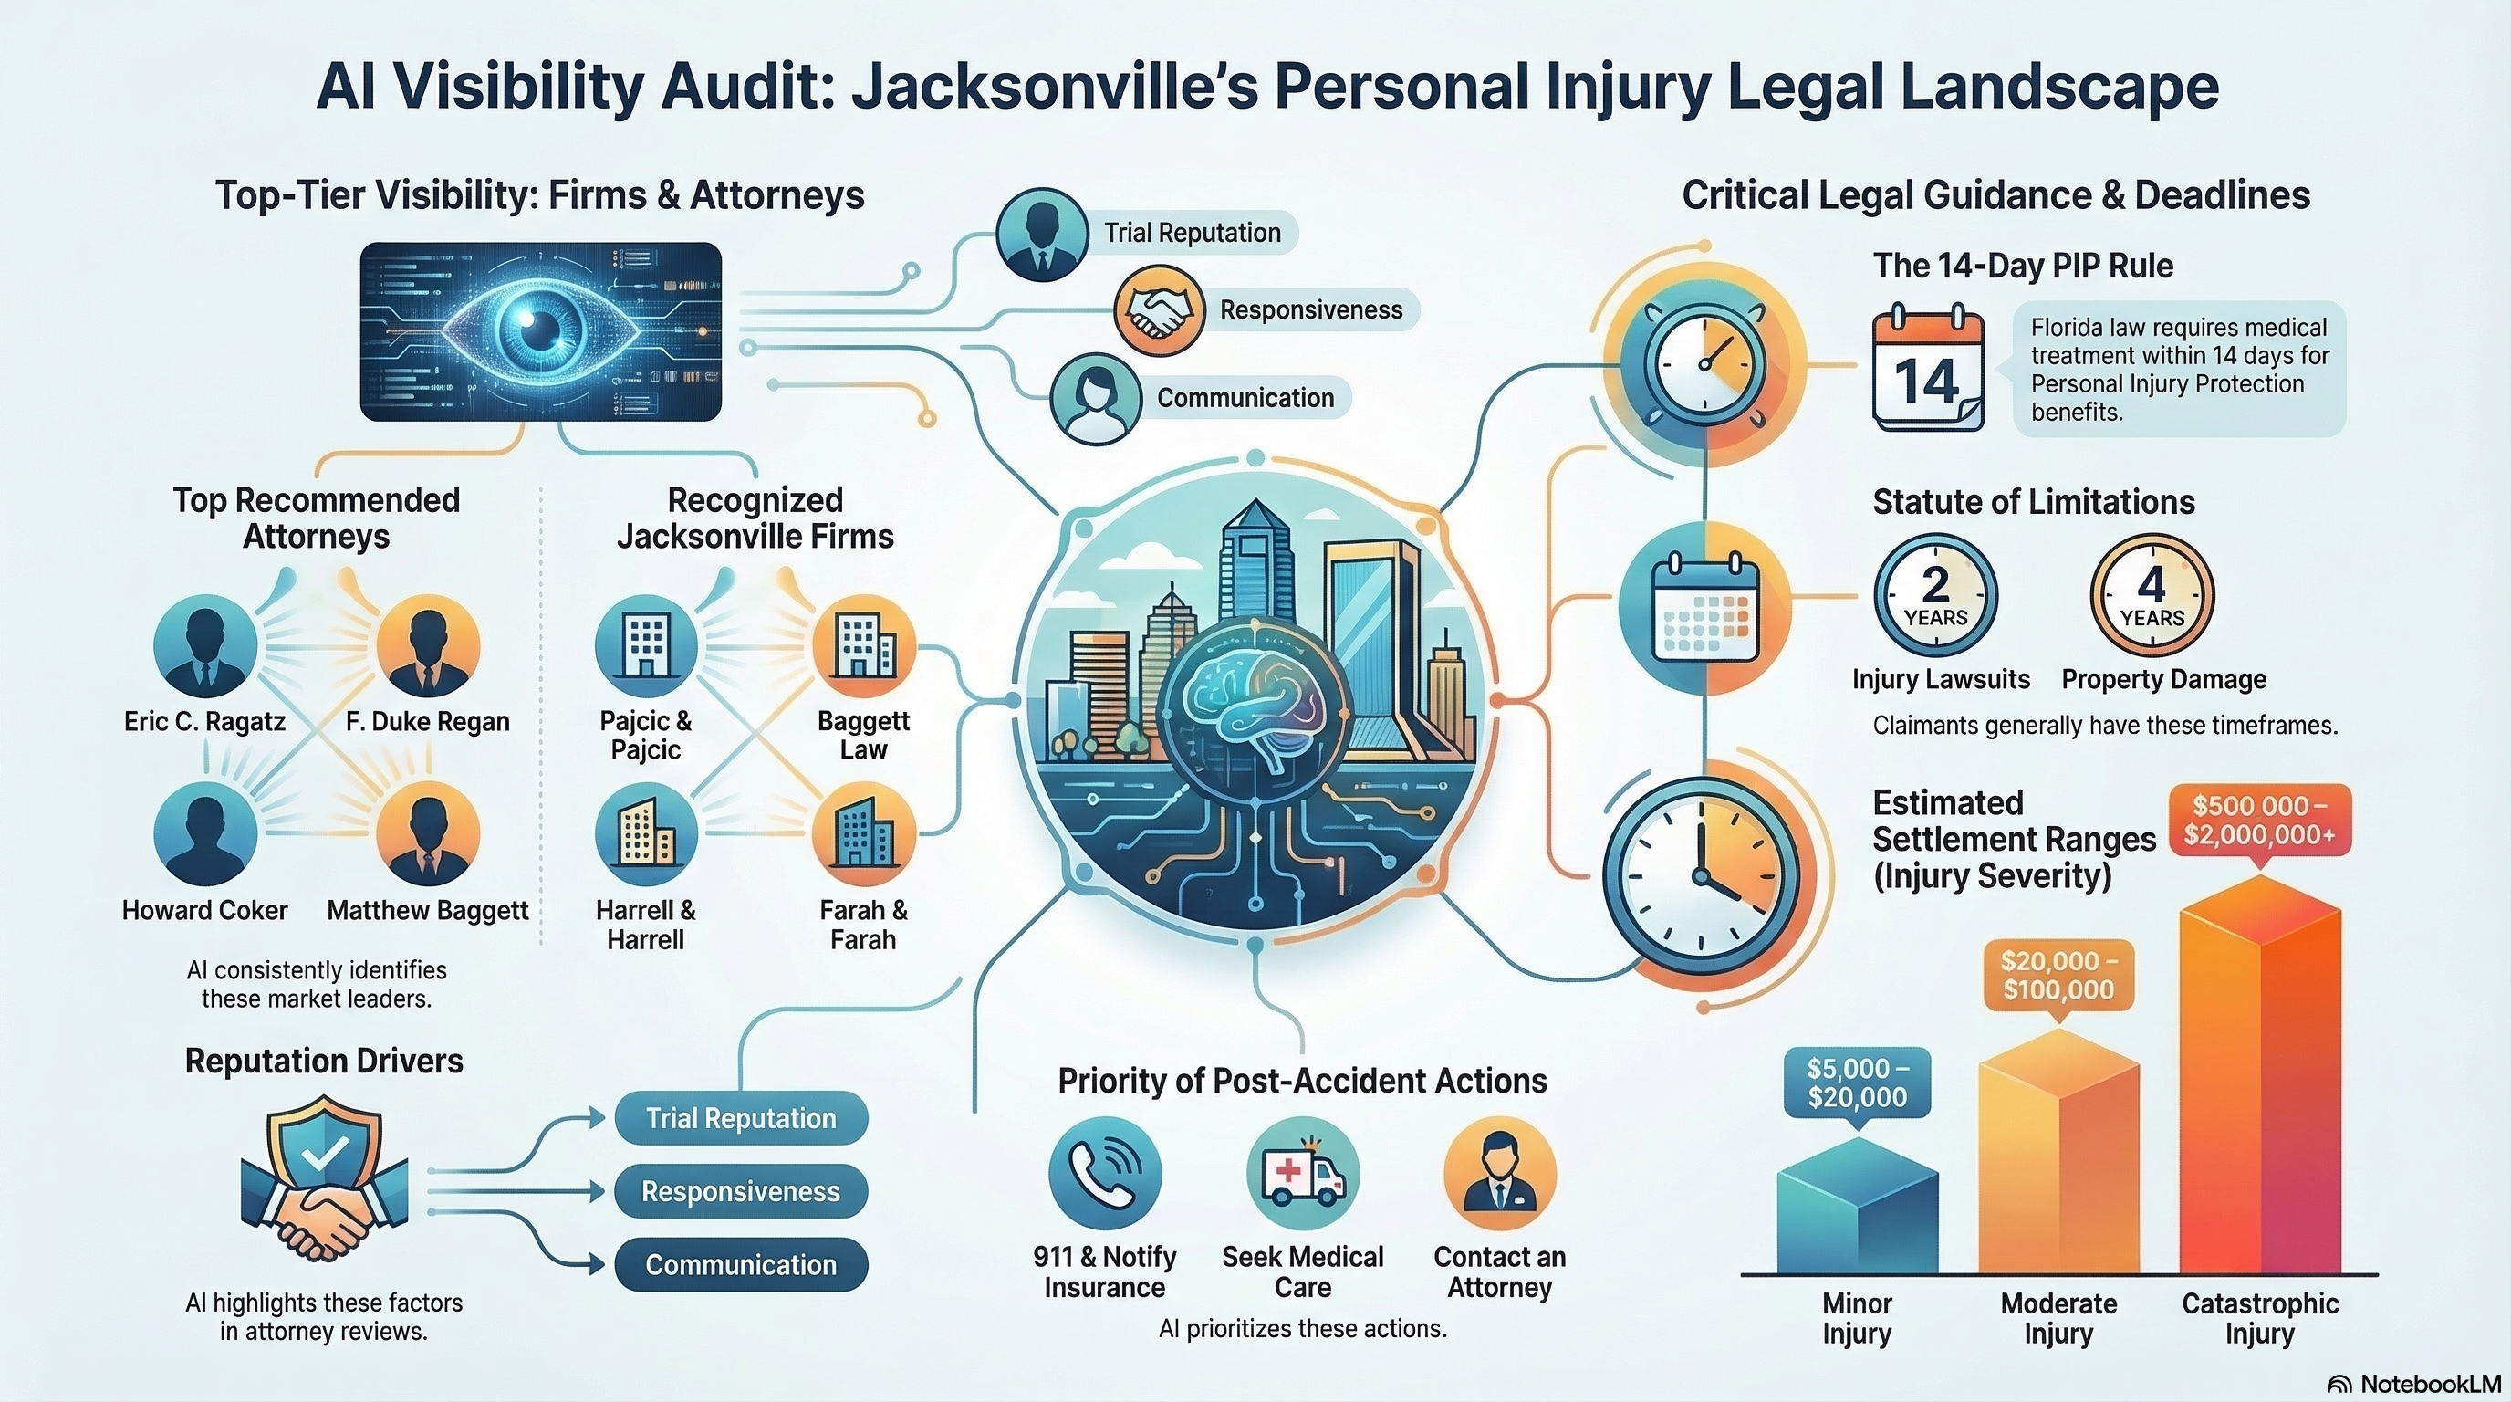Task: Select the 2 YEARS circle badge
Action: [x=1935, y=596]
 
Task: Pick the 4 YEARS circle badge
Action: [x=2152, y=596]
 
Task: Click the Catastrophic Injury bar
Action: [x=2259, y=1083]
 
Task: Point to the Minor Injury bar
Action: [x=1857, y=1209]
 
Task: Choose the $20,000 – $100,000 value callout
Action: [x=2058, y=976]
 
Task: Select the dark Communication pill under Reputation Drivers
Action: [x=741, y=1264]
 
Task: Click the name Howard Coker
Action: [x=204, y=911]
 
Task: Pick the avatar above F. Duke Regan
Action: [x=427, y=646]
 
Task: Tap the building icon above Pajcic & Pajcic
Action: [x=645, y=646]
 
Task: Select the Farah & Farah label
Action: [x=862, y=926]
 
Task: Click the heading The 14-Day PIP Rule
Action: [x=2023, y=267]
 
